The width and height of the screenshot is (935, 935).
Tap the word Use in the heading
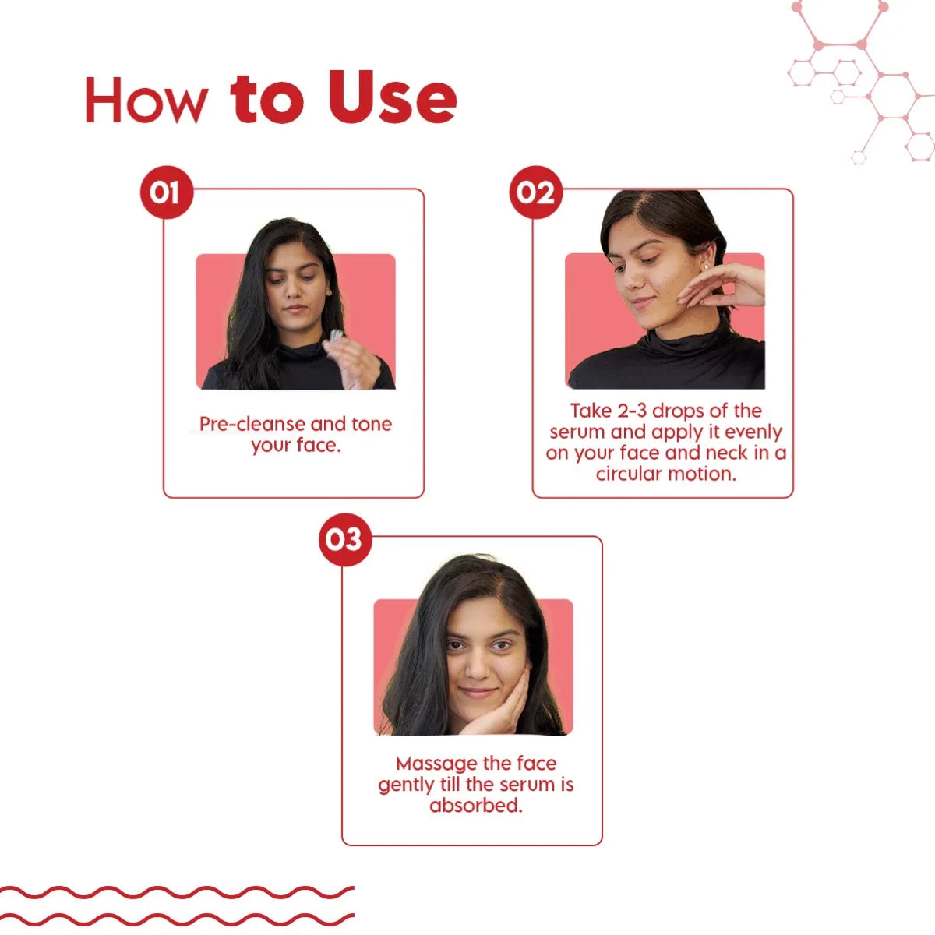point(392,97)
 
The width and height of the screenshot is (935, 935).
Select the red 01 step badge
point(167,192)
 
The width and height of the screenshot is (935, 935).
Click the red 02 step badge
point(535,192)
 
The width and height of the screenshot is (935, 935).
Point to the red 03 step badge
point(345,539)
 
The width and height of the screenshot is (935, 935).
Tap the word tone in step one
point(371,424)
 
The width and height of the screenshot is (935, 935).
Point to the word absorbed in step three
point(475,806)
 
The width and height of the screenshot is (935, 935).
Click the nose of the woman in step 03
point(477,667)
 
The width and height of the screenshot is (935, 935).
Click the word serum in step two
point(578,432)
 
